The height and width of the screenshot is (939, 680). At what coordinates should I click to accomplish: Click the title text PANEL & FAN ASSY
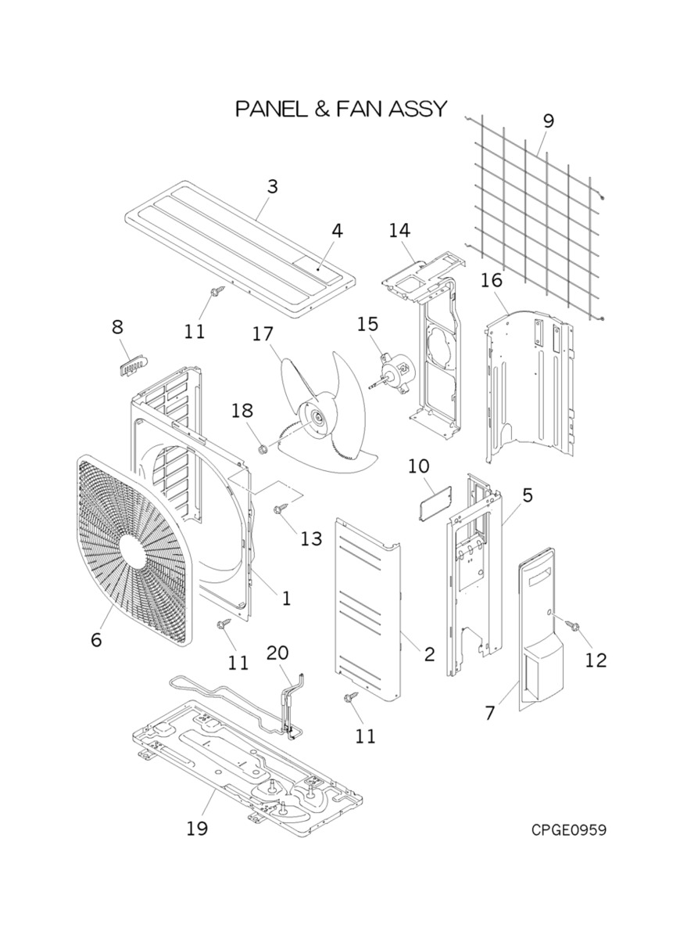(x=342, y=109)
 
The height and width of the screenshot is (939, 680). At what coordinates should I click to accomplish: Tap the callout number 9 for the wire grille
(x=548, y=121)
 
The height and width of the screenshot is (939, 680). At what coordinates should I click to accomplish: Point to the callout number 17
(x=263, y=334)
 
